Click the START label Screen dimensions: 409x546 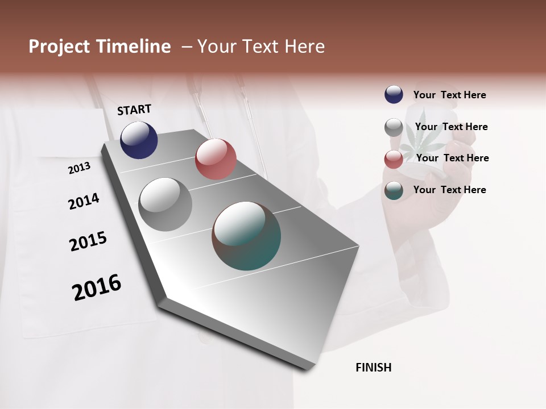(134, 110)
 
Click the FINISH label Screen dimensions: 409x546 (373, 368)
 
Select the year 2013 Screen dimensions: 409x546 (79, 168)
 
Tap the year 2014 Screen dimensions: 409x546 (84, 201)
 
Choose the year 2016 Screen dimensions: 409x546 (97, 287)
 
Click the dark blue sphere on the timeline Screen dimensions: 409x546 (139, 140)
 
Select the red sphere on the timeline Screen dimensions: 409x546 (216, 159)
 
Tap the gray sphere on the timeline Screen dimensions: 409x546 (165, 204)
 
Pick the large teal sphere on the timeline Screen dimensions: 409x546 (246, 236)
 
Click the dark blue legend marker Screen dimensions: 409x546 (394, 94)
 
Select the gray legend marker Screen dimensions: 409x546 (394, 127)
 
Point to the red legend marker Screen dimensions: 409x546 (394, 158)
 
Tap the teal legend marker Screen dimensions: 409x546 (394, 190)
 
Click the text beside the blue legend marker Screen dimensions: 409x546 (449, 95)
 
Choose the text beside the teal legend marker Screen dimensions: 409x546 (449, 190)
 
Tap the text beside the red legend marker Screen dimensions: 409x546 (452, 158)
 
